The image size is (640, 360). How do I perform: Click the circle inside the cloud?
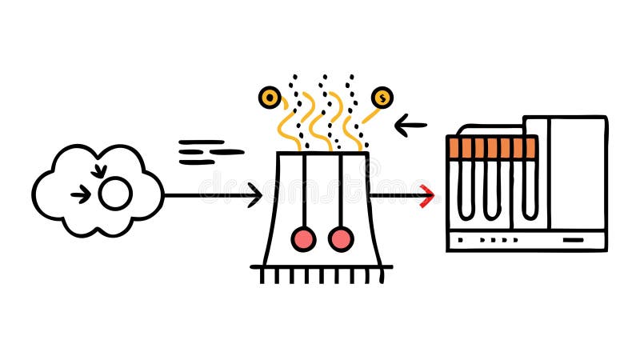[115, 194]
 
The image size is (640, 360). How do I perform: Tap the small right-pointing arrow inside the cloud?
[80, 194]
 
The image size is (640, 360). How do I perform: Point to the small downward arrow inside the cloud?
[99, 170]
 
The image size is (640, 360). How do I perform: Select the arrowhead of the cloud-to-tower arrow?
[255, 194]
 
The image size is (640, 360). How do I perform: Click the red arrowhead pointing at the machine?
[428, 194]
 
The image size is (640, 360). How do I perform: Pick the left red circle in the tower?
[303, 238]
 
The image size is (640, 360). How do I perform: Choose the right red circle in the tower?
[341, 238]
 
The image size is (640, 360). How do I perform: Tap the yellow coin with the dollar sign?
[382, 98]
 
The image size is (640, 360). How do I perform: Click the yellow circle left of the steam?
[270, 98]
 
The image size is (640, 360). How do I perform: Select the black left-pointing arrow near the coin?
[411, 125]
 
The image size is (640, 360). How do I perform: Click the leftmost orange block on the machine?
[454, 147]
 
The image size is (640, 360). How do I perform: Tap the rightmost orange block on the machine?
[530, 147]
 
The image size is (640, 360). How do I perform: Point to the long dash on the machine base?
[574, 239]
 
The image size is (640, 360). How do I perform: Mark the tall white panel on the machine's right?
[576, 172]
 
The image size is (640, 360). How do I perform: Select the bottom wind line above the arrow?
[197, 162]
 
